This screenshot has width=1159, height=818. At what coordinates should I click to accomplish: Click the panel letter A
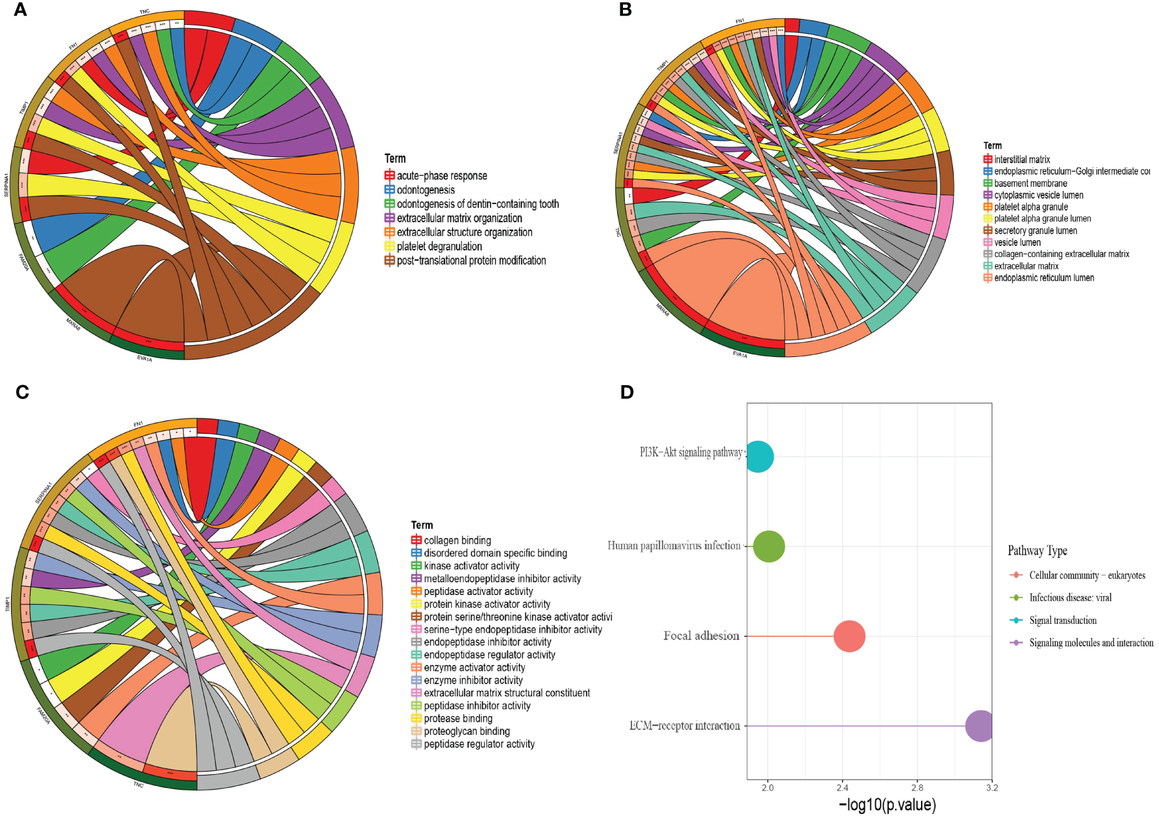[x=20, y=10]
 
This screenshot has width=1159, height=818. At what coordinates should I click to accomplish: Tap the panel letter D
[x=626, y=392]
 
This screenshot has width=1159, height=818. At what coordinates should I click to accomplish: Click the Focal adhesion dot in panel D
[x=849, y=636]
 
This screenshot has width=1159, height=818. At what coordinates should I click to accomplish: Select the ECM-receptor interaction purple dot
[x=981, y=726]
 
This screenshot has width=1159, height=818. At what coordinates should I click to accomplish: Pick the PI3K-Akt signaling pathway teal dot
[x=758, y=456]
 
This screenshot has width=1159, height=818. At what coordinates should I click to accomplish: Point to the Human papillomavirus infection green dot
[x=769, y=547]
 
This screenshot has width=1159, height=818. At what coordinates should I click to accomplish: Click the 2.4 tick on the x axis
[x=842, y=788]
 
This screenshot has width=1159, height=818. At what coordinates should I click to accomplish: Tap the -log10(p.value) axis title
[x=887, y=805]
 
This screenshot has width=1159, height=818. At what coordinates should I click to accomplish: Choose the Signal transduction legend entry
[x=1062, y=621]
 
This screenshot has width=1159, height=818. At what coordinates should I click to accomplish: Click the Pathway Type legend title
[x=1037, y=551]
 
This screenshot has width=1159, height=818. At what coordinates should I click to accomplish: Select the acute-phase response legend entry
[x=441, y=176]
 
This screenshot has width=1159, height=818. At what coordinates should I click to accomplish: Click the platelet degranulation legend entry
[x=439, y=247]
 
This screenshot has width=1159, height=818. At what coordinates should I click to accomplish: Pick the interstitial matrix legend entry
[x=1022, y=160]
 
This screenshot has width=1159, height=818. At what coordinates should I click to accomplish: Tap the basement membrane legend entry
[x=1030, y=184]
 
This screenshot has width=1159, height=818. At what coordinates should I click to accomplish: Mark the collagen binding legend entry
[x=457, y=541]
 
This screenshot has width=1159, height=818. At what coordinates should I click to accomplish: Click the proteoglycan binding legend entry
[x=466, y=732]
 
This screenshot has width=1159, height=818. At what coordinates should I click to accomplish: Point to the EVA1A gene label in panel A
[x=144, y=359]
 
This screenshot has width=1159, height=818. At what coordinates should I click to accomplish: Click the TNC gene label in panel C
[x=138, y=785]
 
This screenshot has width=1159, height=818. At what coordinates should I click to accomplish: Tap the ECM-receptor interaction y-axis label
[x=684, y=726]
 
